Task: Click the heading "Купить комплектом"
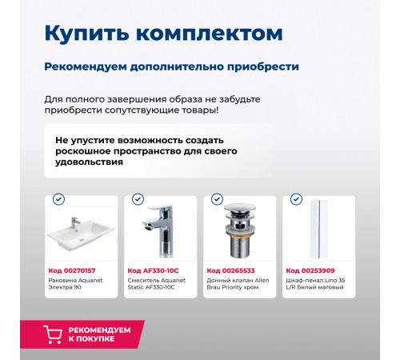coord(162,34)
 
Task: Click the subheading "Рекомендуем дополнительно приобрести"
coord(171,66)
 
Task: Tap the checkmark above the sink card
coord(58,199)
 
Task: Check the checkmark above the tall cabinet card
coord(297,199)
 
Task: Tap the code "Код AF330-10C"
coord(153,270)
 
